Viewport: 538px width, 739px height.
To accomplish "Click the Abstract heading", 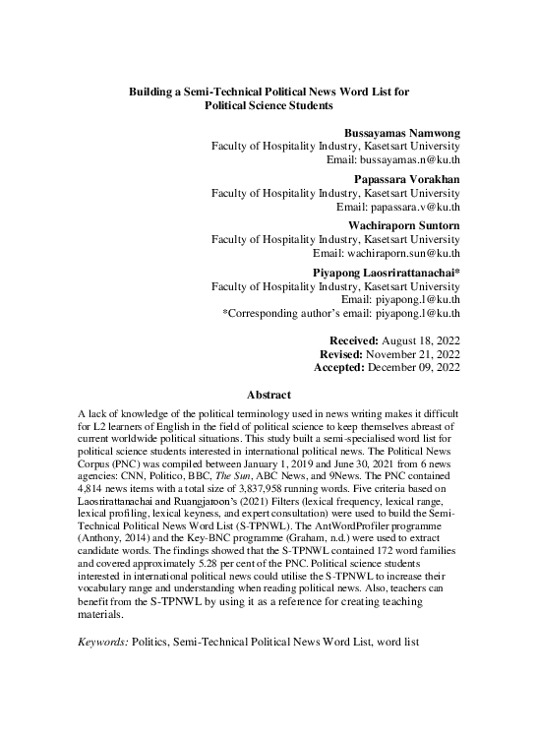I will pyautogui.click(x=269, y=394).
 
